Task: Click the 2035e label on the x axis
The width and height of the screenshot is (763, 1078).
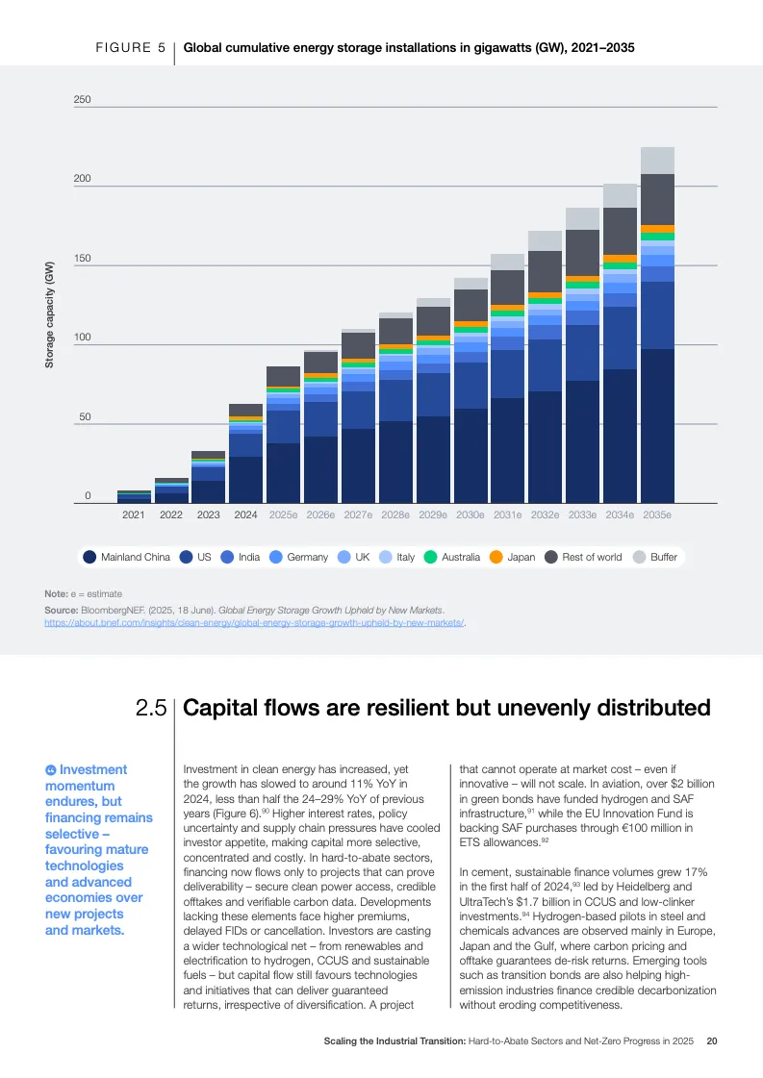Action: (x=657, y=515)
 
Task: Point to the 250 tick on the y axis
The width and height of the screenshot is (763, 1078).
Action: (x=82, y=100)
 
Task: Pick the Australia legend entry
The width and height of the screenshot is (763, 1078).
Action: (x=452, y=557)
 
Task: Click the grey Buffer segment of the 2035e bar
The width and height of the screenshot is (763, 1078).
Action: (x=657, y=161)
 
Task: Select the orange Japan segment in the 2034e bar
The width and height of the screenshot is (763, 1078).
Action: (x=620, y=259)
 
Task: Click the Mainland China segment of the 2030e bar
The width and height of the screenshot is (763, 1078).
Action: (x=471, y=456)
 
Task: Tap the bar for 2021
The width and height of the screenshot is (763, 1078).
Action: (x=134, y=496)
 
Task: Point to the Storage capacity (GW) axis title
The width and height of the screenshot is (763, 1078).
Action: (x=50, y=313)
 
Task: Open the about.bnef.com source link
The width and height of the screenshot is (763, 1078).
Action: (x=255, y=623)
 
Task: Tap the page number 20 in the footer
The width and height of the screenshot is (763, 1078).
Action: (x=712, y=1040)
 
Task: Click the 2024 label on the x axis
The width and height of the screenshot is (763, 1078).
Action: (x=245, y=515)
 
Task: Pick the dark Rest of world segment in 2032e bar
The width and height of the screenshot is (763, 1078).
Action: (x=545, y=271)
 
